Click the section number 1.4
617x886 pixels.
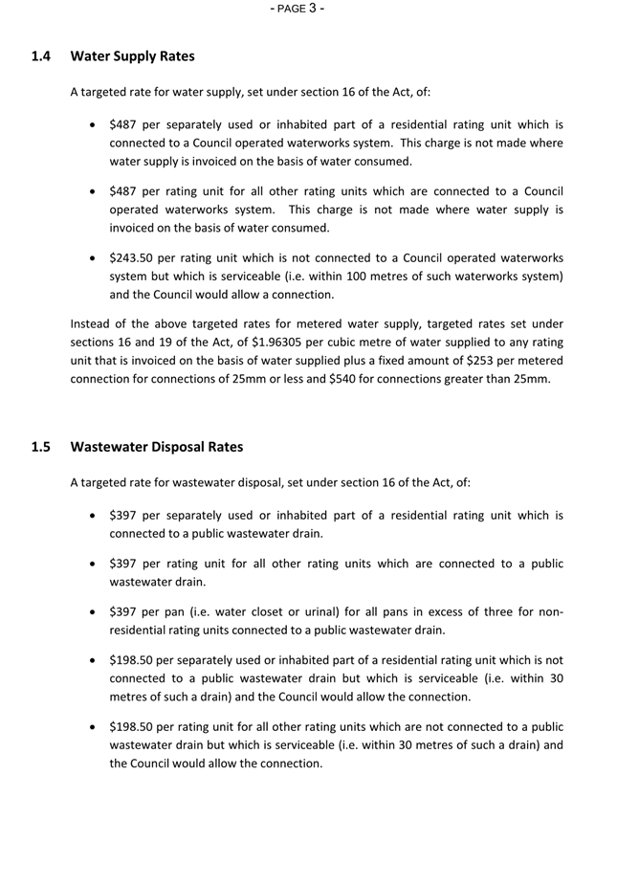click(41, 56)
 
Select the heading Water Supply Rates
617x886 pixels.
click(132, 56)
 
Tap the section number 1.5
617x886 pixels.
click(41, 447)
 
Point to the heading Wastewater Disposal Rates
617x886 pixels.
click(157, 447)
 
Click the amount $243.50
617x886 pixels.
click(132, 258)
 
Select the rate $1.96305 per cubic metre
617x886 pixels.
click(282, 342)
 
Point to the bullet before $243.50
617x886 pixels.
click(91, 258)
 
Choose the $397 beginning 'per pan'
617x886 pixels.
click(124, 612)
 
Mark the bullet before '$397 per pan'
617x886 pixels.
click(91, 612)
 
